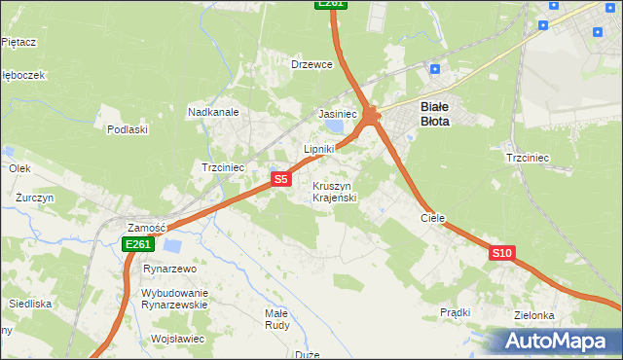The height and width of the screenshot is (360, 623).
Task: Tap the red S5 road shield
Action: (280, 179)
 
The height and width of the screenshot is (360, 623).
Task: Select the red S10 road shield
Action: (501, 253)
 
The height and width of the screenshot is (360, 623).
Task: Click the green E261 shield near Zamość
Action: (137, 244)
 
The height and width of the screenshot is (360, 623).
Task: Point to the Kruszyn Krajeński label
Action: (335, 192)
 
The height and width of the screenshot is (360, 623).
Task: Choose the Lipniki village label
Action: (319, 149)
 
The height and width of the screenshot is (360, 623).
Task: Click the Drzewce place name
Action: (312, 64)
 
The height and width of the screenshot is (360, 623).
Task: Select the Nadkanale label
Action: (213, 112)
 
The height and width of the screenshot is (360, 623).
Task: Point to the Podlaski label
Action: (128, 129)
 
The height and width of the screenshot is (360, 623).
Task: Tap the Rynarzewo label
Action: (170, 269)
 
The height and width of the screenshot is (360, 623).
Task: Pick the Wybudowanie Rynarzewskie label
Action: (175, 299)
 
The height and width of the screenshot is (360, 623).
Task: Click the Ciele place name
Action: (432, 219)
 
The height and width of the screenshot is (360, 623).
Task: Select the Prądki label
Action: (455, 312)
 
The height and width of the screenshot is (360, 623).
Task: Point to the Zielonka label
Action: (535, 315)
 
